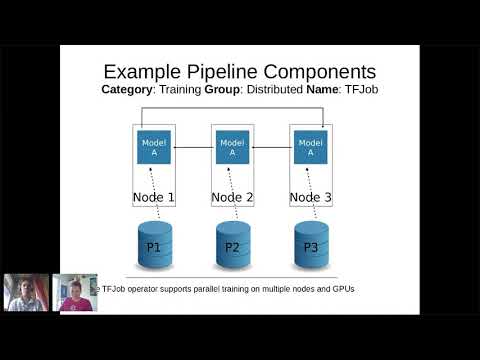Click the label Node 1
pos(154,197)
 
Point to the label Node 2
pos(232,197)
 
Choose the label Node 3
pos(310,197)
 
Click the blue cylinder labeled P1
pos(154,247)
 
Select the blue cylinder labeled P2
pos(232,247)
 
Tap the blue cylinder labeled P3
pos(310,247)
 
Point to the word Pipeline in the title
pos(240,72)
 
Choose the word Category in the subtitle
pos(129,90)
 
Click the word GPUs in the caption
pos(342,289)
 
